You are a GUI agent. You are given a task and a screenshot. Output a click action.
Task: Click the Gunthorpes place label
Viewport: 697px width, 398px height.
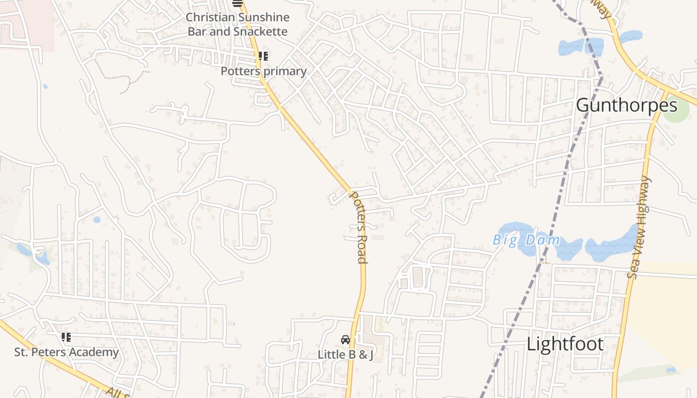(626, 105)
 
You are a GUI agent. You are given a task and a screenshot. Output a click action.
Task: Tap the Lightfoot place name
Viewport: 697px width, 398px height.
(565, 344)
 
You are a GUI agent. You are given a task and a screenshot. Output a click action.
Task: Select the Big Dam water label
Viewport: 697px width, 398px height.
(526, 240)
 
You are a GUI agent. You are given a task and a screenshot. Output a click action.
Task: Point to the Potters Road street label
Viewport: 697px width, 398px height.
(359, 227)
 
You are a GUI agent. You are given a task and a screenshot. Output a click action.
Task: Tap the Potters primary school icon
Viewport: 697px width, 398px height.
(263, 56)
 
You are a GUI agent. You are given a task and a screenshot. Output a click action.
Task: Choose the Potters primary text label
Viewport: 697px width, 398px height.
(263, 71)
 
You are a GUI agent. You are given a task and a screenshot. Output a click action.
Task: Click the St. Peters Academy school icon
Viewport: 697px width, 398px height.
(66, 337)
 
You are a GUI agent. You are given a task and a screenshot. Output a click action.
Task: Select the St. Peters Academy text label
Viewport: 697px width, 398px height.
(66, 352)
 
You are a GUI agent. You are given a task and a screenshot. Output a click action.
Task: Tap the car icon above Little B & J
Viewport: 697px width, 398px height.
(345, 340)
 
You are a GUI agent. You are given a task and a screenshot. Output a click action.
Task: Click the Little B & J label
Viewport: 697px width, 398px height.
(346, 355)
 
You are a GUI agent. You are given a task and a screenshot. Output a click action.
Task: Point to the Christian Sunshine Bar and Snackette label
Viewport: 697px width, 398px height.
(237, 24)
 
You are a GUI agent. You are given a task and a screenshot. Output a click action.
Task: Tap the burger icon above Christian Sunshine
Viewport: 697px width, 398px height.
(237, 3)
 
